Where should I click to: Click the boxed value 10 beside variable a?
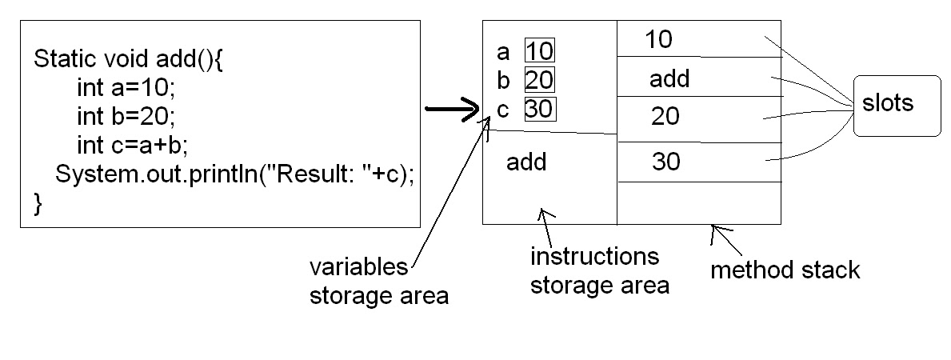point(539,52)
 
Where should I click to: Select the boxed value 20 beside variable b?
point(539,80)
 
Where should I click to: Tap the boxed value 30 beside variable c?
point(539,109)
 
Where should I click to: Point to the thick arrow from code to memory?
point(451,111)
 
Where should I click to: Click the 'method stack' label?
point(785,270)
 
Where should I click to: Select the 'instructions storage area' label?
point(599,270)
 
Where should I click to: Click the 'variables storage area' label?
point(378,281)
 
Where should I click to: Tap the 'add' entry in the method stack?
point(669,78)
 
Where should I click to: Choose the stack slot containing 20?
point(665,118)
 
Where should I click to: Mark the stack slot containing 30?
point(665,162)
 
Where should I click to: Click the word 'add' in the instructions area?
point(526,162)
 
